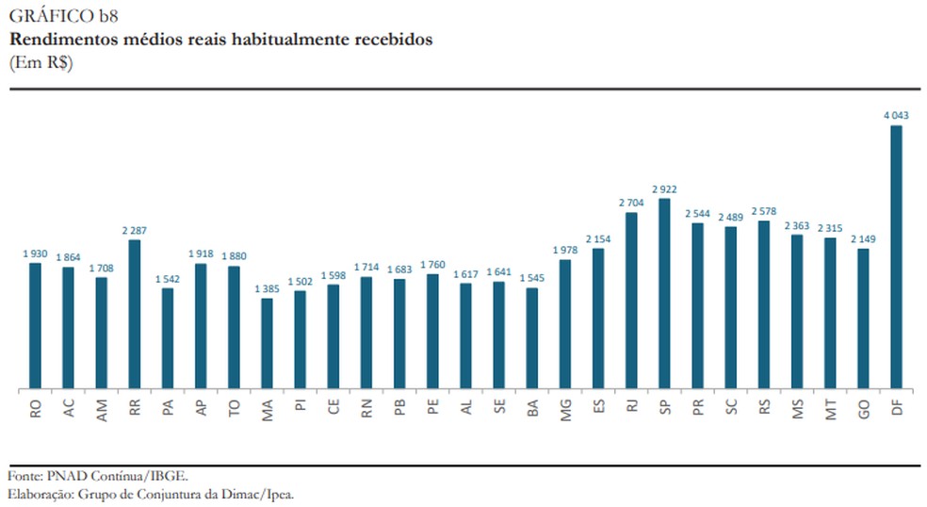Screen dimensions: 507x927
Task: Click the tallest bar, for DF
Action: pyautogui.click(x=896, y=256)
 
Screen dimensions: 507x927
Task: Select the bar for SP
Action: pyautogui.click(x=664, y=293)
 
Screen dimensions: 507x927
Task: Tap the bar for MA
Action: pyautogui.click(x=267, y=343)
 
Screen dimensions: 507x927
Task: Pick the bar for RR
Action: pyautogui.click(x=134, y=314)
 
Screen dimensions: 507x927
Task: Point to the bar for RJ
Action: pyautogui.click(x=631, y=300)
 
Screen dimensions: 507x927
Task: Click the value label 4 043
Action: pyautogui.click(x=896, y=115)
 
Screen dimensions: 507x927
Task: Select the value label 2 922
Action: pyautogui.click(x=664, y=188)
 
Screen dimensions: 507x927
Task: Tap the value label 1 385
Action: pyautogui.click(x=267, y=288)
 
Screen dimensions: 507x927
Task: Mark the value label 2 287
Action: pyautogui.click(x=134, y=230)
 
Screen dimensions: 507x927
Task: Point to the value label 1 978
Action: pyautogui.click(x=564, y=250)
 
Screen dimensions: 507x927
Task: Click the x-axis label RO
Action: pyautogui.click(x=35, y=407)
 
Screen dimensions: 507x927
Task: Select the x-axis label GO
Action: pyautogui.click(x=863, y=407)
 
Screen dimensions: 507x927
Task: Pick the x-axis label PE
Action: pyautogui.click(x=432, y=407)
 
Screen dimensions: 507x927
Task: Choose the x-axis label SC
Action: pyautogui.click(x=730, y=407)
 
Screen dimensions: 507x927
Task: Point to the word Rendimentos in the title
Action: pyautogui.click(x=57, y=41)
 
